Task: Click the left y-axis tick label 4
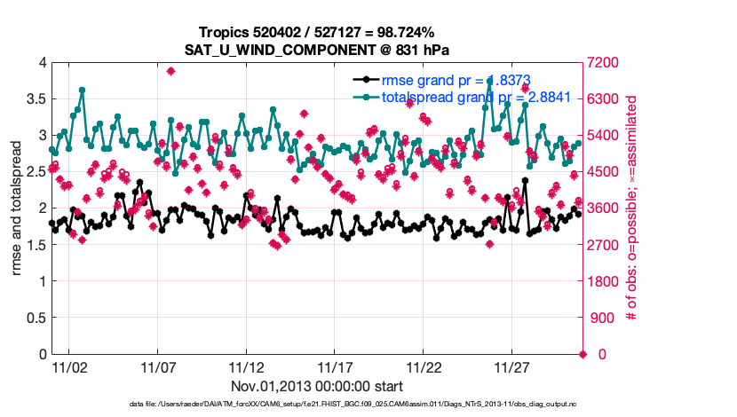click(x=41, y=62)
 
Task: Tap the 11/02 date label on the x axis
click(x=68, y=366)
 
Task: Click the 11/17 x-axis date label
click(x=335, y=366)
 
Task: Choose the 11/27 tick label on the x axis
click(x=512, y=366)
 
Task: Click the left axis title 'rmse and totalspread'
click(x=15, y=208)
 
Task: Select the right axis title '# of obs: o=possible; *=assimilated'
click(x=633, y=208)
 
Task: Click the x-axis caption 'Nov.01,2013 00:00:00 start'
click(x=317, y=386)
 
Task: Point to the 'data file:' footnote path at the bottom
click(x=368, y=405)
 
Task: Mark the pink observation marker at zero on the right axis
click(x=583, y=354)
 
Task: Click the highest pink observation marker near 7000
click(x=170, y=71)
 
